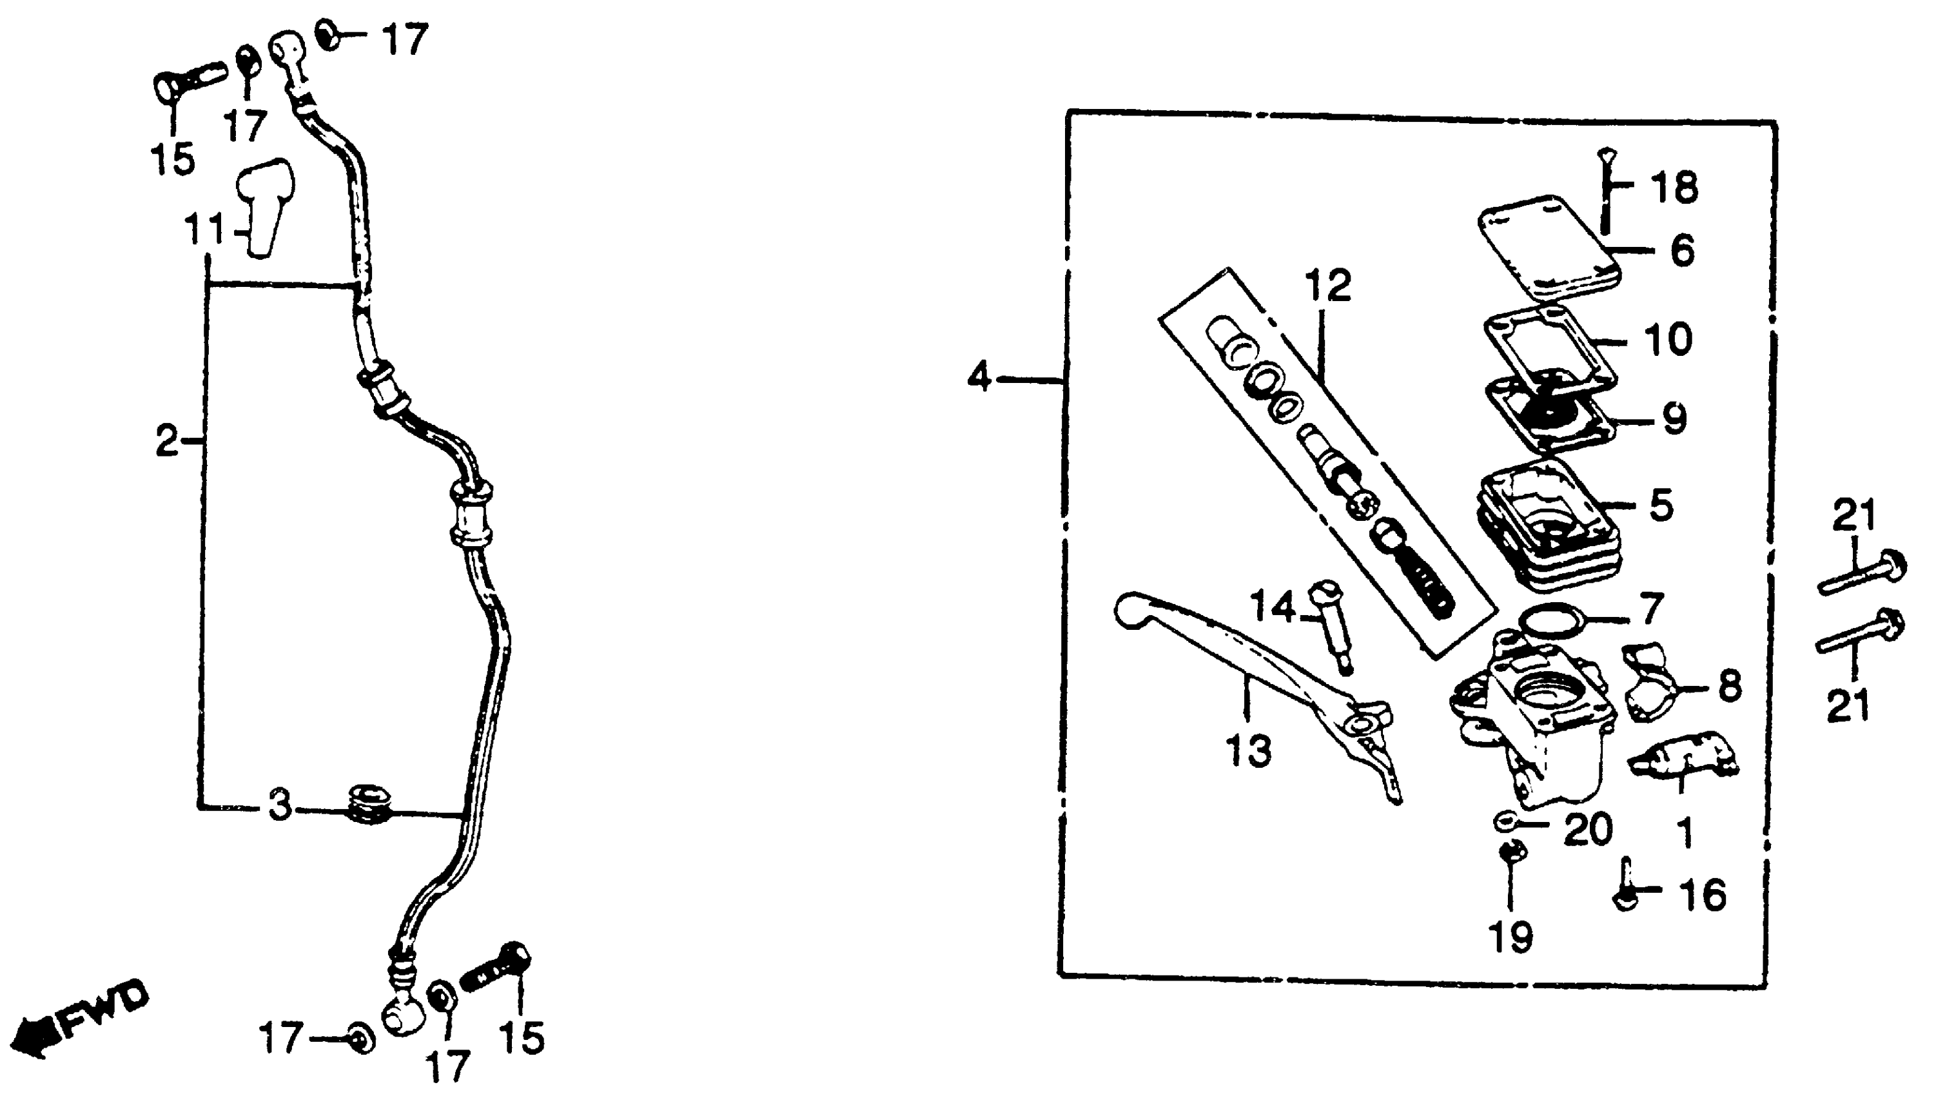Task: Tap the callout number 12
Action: click(x=1328, y=286)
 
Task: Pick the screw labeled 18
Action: click(x=1605, y=192)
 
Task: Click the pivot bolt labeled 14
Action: click(x=1333, y=629)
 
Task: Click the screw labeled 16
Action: click(x=1626, y=888)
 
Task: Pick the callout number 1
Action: click(x=1685, y=832)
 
